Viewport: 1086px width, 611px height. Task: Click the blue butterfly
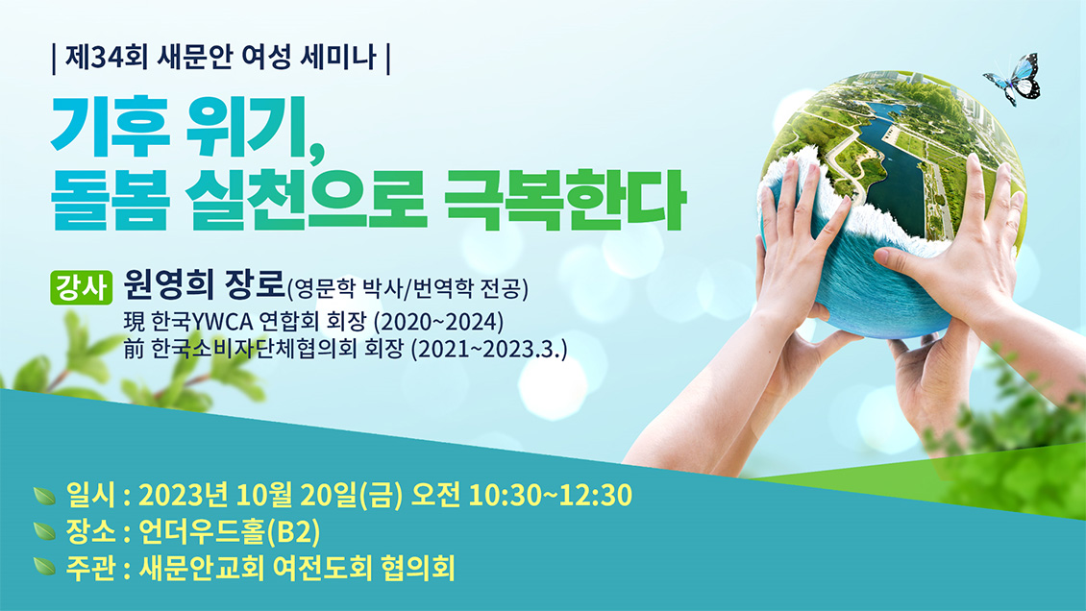point(1014,79)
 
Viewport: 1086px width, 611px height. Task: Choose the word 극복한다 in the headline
point(564,199)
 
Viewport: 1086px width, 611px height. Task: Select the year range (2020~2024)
point(438,323)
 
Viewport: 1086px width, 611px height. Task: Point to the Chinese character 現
point(134,322)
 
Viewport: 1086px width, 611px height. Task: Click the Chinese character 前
point(134,349)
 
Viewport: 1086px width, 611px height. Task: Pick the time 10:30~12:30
point(551,496)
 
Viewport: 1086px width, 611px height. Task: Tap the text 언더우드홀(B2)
point(230,532)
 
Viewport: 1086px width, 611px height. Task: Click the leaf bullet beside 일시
point(45,496)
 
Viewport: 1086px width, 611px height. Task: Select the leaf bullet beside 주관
point(45,568)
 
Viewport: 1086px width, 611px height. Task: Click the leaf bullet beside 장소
point(45,531)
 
